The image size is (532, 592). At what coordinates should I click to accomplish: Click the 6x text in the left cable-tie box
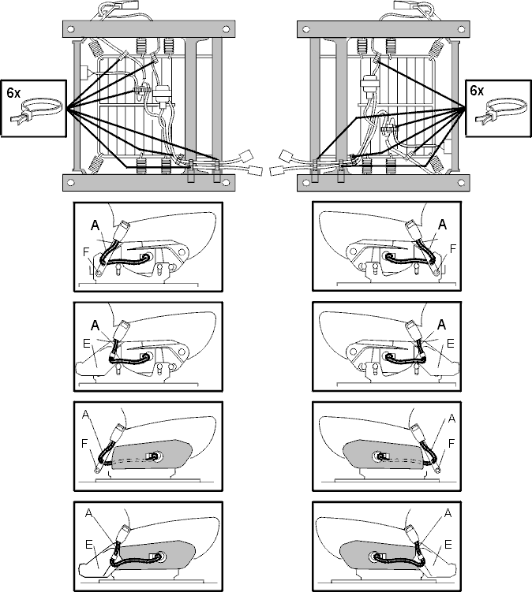pos(13,93)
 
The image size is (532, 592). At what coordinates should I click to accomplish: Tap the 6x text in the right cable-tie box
pos(477,91)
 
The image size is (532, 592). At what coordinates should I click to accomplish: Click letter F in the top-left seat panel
pos(86,251)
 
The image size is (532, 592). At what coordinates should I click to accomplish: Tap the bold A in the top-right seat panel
pos(442,225)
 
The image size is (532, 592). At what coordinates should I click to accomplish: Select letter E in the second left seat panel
pos(87,344)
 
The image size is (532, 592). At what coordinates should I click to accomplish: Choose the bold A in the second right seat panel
pos(441,325)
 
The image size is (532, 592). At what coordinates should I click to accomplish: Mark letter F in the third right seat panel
pos(451,444)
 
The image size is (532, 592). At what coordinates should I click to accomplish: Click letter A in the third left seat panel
pos(85,415)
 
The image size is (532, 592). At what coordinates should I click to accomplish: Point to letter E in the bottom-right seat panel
pos(448,545)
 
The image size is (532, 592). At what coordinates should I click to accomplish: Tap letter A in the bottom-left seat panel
pos(88,513)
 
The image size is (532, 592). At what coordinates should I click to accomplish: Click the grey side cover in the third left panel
pos(152,455)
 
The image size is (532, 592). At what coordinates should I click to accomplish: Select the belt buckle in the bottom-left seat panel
pos(123,533)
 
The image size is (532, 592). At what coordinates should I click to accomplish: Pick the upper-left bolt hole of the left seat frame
pos(72,29)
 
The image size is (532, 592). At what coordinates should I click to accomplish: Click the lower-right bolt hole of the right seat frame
pos(461,183)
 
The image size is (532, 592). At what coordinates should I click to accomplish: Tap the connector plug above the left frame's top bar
pos(129,5)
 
